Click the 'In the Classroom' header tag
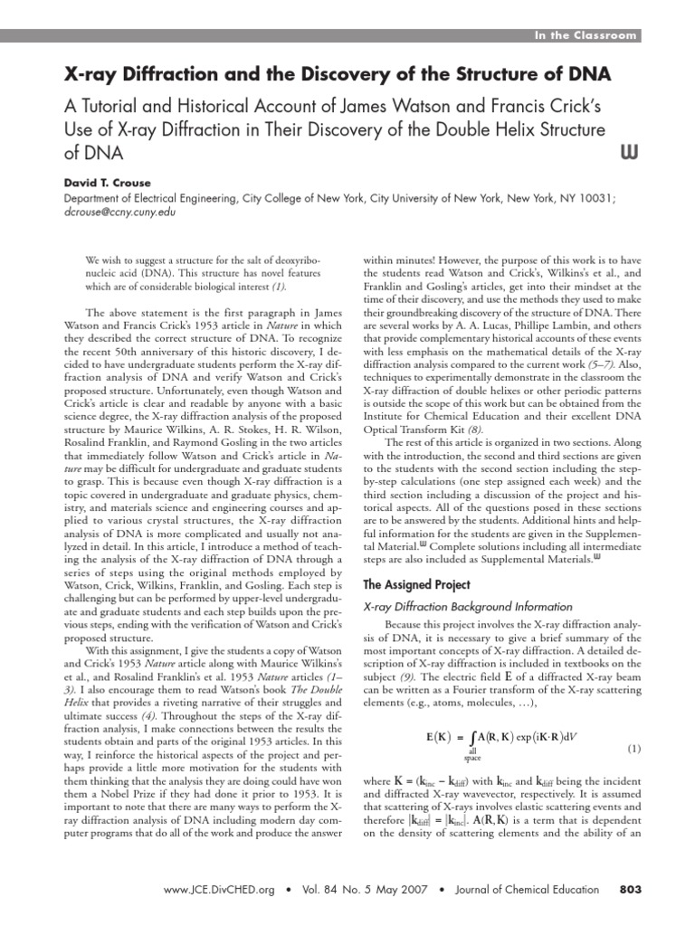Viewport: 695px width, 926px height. tap(586, 35)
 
